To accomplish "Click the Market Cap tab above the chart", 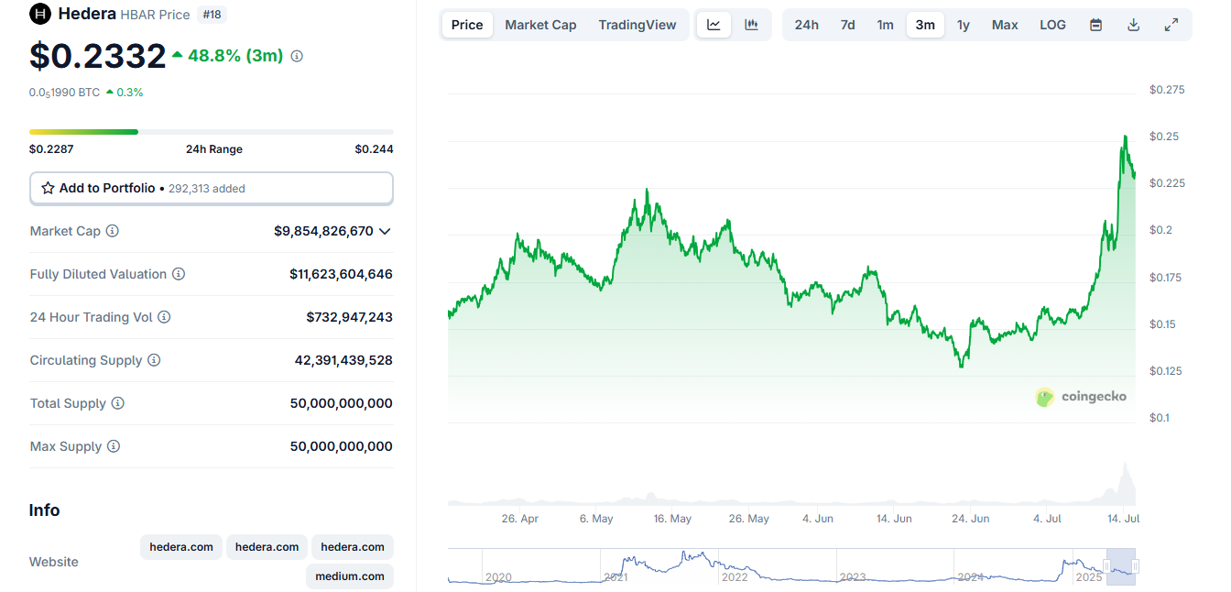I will [540, 25].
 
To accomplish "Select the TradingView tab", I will [637, 25].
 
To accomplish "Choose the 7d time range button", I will [847, 25].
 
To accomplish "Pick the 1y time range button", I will [963, 25].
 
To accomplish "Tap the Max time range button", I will [1005, 25].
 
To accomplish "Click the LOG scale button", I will [1052, 25].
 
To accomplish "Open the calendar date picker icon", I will [1095, 25].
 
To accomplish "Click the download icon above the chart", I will [1133, 25].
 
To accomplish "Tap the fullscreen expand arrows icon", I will [1171, 25].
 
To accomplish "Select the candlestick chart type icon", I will [751, 25].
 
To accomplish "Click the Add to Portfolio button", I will [212, 188].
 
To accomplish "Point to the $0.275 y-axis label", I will [1166, 90].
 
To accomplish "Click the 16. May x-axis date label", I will [672, 519].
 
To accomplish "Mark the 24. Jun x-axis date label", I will [971, 519].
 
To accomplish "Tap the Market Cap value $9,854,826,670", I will [323, 231].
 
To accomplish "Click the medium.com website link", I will [350, 576].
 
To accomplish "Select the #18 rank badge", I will [212, 14].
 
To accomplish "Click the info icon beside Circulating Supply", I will [154, 360].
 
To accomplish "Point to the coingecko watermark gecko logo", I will [1045, 397].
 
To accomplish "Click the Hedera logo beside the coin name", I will [40, 14].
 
